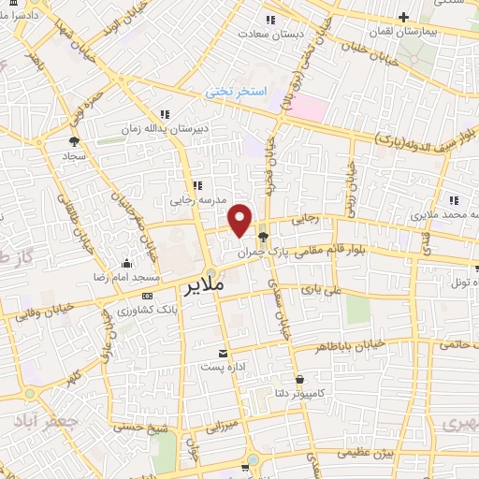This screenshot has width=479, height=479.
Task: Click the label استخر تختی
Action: pyautogui.click(x=237, y=93)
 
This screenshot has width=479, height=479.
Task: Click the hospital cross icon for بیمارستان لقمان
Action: pyautogui.click(x=403, y=17)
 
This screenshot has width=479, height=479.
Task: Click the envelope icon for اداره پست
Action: pyautogui.click(x=223, y=353)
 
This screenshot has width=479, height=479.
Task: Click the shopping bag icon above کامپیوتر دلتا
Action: pyautogui.click(x=299, y=379)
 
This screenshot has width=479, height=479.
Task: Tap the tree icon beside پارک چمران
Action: pyautogui.click(x=263, y=237)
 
